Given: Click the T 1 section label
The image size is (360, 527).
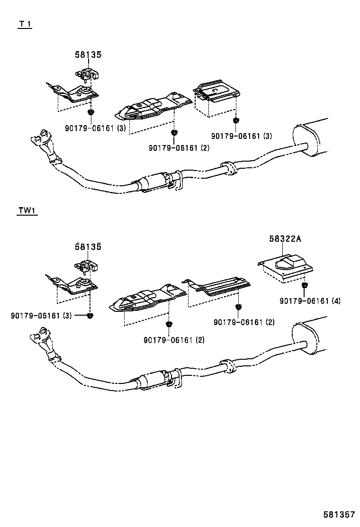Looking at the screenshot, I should (25, 24).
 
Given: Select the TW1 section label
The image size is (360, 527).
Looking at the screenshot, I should (27, 211).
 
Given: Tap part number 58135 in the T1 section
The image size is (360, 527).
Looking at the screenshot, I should (88, 55).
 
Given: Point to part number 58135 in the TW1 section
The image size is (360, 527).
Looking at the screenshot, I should (88, 246).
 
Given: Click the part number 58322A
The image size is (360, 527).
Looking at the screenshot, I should (285, 239).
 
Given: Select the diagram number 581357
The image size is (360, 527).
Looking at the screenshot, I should (339, 514).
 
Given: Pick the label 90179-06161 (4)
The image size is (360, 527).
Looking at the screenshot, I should (310, 300).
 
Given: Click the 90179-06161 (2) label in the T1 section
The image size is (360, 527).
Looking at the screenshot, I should (179, 148).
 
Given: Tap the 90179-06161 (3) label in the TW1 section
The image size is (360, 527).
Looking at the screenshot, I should (41, 315).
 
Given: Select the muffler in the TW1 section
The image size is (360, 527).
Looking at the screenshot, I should (310, 338).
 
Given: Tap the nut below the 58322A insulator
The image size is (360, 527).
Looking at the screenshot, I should (305, 286).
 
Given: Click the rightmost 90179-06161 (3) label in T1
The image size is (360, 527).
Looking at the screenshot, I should (242, 136).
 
